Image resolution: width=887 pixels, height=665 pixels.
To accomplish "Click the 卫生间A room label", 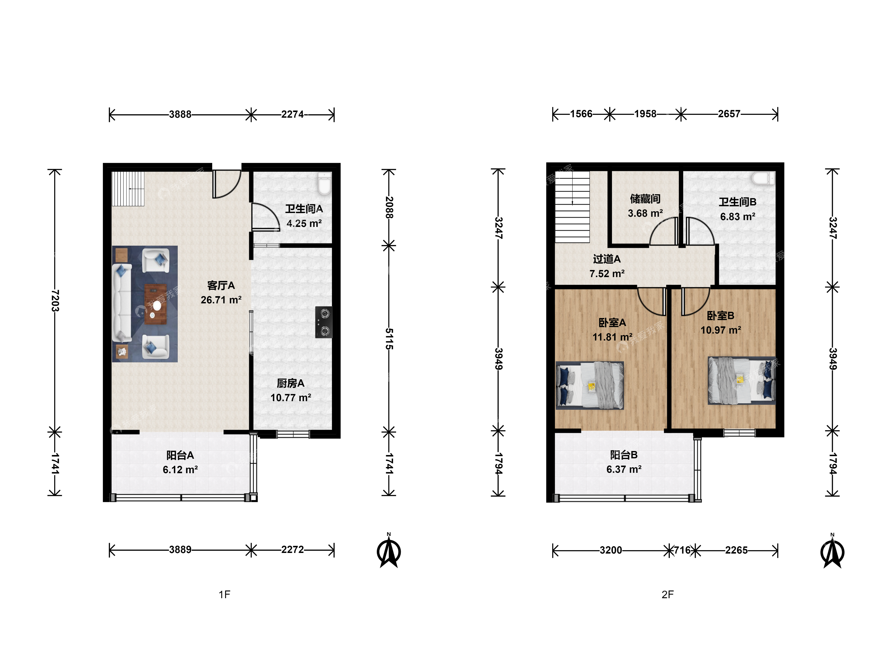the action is tap(304, 209).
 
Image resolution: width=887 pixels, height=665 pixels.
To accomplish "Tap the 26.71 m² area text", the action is tap(221, 300).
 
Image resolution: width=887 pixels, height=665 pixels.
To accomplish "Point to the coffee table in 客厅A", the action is tap(156, 304).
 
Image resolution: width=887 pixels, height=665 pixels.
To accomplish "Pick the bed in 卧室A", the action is tap(589, 385).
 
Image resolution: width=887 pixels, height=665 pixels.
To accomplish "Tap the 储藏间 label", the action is tap(645, 199).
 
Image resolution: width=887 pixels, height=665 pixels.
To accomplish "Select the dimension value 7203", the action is tap(55, 300).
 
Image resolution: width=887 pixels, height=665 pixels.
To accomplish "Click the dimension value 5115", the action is tap(389, 339).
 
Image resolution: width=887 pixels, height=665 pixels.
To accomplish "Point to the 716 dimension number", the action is tap(682, 550).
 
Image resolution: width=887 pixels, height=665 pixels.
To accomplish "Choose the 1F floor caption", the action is tap(225, 594).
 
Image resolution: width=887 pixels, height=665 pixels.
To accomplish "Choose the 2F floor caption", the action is tap(668, 594).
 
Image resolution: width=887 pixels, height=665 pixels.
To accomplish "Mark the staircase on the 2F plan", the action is tap(572, 207).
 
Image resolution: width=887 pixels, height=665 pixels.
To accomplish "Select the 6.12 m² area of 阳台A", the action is tap(180, 470).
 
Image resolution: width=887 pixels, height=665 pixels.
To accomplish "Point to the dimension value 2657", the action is tap(729, 114).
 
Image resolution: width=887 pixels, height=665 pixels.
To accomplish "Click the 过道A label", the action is tap(607, 259).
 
